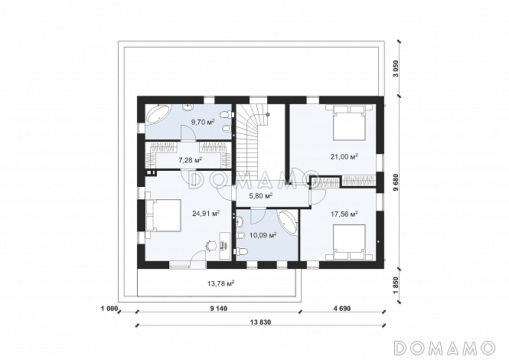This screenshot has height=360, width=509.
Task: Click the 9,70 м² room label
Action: tap(203, 122)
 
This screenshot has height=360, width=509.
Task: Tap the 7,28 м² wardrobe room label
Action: tap(191, 160)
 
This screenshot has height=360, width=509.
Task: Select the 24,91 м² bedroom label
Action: tap(206, 214)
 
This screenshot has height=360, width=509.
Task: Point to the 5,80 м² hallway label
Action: tap(261, 195)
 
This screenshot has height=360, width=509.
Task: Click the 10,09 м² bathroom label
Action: tap(263, 234)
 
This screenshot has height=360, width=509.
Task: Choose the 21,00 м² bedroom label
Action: tap(344, 157)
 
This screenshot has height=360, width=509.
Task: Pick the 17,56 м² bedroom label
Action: tap(344, 214)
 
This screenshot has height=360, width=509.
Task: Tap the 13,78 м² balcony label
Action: tap(221, 283)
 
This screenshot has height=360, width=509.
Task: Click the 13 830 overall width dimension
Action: tap(261, 322)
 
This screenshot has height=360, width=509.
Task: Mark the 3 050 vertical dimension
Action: tap(396, 69)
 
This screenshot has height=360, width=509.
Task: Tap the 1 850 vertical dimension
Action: tap(396, 285)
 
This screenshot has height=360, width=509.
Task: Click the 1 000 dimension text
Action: tap(109, 309)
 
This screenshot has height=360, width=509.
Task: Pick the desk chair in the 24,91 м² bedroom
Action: tap(210, 245)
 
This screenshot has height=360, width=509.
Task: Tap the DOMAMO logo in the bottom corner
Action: tap(444, 348)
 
